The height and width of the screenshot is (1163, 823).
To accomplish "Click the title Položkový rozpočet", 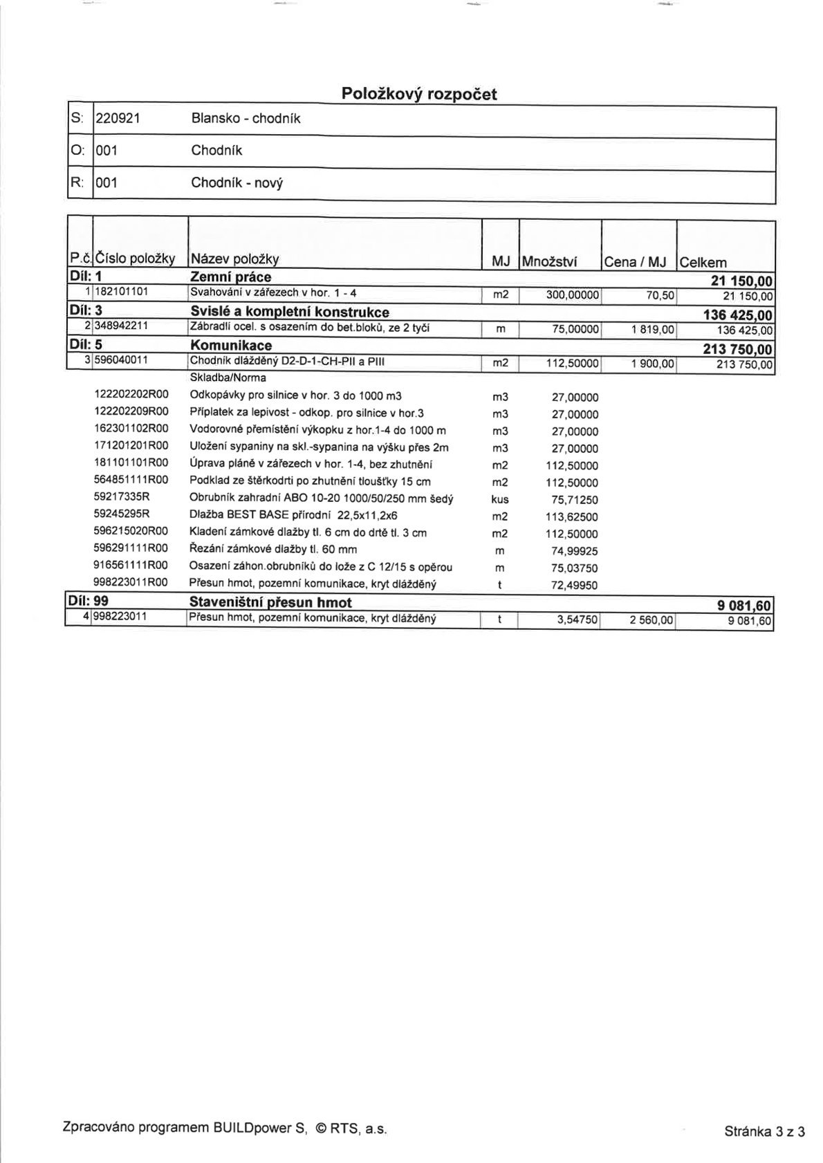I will point(419,94).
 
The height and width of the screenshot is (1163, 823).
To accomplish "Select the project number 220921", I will point(118,118).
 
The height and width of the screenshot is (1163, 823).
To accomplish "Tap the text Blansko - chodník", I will point(246,118).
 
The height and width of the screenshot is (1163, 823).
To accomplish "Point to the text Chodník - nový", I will point(237,183).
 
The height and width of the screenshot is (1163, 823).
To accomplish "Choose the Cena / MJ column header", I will point(635,261).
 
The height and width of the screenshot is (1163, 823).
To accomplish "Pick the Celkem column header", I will point(703,262).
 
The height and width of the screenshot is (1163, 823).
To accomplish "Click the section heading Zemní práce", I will point(230,277).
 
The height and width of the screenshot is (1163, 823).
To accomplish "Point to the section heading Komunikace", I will point(230,344).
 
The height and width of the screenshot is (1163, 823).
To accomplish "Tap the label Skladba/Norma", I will point(228,378).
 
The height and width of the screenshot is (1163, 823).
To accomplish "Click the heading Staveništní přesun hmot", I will point(270,602).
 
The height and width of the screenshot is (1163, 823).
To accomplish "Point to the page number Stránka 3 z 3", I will point(764,1131).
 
